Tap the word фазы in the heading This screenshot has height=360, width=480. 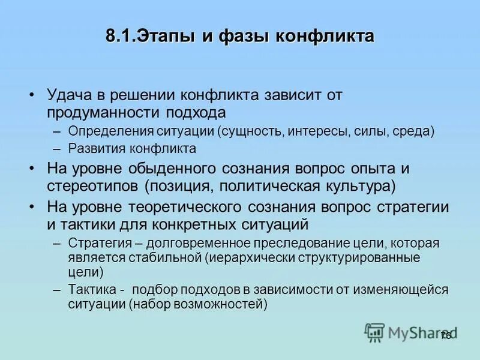pos(236,36)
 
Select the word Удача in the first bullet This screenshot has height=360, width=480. pos(67,95)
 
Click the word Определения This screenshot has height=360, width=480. pos(104,131)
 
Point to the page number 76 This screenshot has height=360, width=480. pos(445,335)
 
